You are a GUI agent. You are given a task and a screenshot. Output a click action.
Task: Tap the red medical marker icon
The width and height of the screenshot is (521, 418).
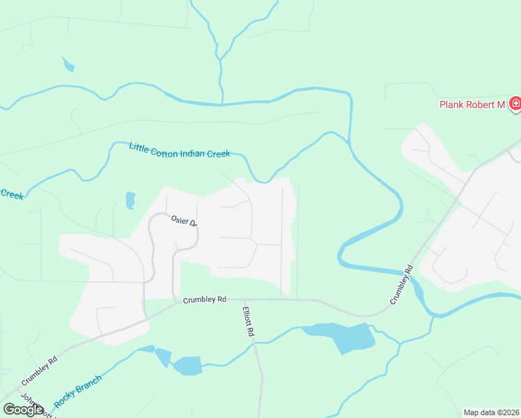(515, 104)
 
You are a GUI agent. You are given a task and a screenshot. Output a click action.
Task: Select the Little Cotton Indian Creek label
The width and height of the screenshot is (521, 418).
(179, 150)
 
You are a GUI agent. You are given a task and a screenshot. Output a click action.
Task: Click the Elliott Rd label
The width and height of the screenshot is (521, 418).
(248, 322)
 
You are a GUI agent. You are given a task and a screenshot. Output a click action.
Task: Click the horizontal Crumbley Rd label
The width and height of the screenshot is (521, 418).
(205, 300)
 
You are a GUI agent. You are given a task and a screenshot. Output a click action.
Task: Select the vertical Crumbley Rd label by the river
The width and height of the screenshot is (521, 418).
(402, 284)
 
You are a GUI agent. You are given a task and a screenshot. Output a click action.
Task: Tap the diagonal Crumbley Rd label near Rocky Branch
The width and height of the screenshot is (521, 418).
(39, 372)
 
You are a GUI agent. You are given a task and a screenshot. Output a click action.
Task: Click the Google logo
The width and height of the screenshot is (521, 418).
(23, 410)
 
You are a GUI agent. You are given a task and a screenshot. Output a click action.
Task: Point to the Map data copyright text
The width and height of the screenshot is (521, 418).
(490, 412)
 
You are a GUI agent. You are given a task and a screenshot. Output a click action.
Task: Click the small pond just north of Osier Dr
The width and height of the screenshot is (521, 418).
(130, 201)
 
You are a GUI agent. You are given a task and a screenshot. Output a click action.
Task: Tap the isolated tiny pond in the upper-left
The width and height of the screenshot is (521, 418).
(68, 65)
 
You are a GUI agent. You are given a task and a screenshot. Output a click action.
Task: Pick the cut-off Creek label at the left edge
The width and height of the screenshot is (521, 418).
(11, 194)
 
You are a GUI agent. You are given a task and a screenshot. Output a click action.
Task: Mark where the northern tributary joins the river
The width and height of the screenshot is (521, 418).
(222, 104)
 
